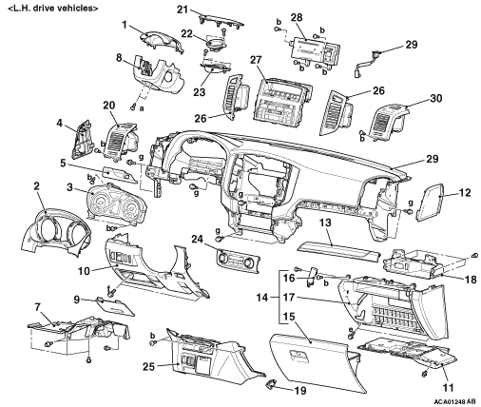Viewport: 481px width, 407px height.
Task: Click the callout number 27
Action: click(256, 60)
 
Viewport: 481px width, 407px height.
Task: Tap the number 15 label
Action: click(289, 317)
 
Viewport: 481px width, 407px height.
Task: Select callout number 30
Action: click(435, 98)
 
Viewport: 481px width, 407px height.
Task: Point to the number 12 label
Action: click(465, 192)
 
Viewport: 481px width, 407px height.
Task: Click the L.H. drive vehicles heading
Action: click(53, 8)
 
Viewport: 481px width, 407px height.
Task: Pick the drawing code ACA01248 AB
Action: click(454, 401)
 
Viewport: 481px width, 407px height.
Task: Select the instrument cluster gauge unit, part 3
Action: click(116, 203)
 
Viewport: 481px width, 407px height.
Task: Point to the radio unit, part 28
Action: click(316, 49)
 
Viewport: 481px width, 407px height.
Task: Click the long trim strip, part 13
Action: click(338, 251)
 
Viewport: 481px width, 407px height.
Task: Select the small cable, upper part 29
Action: click(365, 64)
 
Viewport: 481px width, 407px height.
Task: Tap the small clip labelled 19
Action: click(271, 384)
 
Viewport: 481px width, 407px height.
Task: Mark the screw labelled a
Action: click(133, 108)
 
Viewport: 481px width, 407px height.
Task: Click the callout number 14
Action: click(262, 298)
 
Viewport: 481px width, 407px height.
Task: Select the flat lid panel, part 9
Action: click(115, 306)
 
